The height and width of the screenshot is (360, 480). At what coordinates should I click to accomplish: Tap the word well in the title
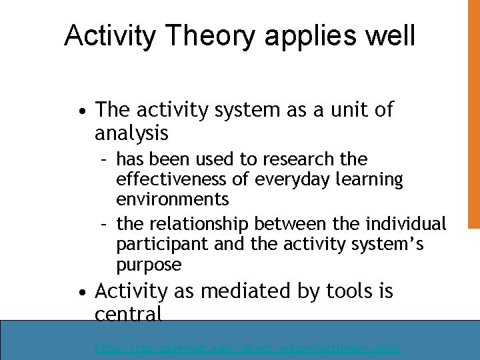tap(389, 35)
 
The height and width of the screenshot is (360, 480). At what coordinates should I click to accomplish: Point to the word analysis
tap(131, 134)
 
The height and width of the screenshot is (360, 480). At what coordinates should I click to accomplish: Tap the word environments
tap(172, 199)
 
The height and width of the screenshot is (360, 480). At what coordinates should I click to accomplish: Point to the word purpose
tap(149, 265)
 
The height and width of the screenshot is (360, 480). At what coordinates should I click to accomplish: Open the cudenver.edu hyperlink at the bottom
tap(247, 348)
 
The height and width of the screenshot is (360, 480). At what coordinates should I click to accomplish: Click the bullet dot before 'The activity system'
tap(80, 111)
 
